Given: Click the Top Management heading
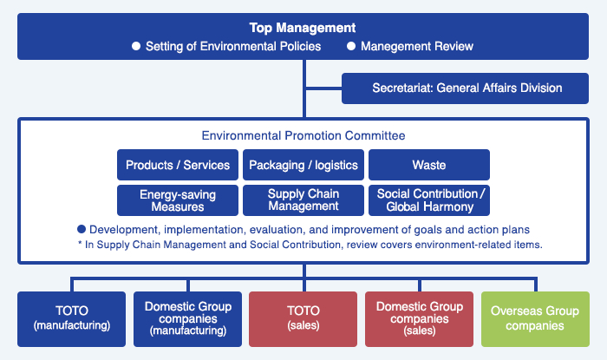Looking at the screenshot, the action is (x=303, y=28).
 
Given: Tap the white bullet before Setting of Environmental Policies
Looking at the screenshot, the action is (x=136, y=46).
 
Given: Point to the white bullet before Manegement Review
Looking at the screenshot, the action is (x=351, y=46).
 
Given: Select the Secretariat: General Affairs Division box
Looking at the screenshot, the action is (x=465, y=88).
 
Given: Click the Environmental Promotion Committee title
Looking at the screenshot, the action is (x=303, y=135).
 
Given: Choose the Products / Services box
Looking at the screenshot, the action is (x=178, y=165).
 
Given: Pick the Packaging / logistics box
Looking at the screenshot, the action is (x=303, y=165).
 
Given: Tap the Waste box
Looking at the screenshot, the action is (x=429, y=165).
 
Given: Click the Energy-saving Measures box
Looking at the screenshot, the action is (x=178, y=200).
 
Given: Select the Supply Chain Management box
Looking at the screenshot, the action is (x=303, y=200).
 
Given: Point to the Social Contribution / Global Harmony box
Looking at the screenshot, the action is (x=429, y=200).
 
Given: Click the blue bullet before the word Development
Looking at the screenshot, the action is (x=82, y=229).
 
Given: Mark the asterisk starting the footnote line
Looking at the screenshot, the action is (x=80, y=244).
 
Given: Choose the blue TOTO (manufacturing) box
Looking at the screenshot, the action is (x=72, y=319).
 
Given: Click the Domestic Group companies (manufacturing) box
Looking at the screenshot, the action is (x=188, y=319).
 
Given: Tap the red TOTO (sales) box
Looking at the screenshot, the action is (x=303, y=319).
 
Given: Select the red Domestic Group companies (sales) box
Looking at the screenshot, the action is (x=419, y=319).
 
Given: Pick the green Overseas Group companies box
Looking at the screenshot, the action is (x=535, y=319).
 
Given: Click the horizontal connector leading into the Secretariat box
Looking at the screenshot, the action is (x=323, y=88).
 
